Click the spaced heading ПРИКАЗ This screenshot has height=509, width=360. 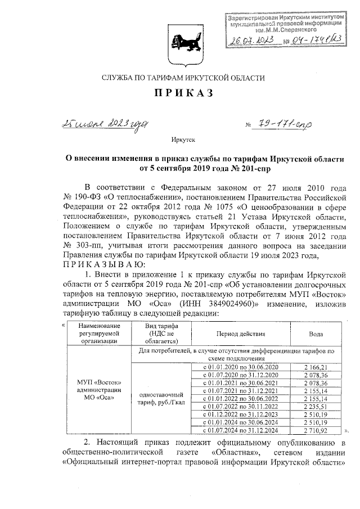click(179, 93)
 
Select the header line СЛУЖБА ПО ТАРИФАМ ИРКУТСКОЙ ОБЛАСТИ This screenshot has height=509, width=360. click(179, 78)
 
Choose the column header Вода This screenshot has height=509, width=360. click(316, 334)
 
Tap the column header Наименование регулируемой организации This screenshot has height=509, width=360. click(98, 334)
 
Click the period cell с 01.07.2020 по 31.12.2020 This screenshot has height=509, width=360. click(240, 375)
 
